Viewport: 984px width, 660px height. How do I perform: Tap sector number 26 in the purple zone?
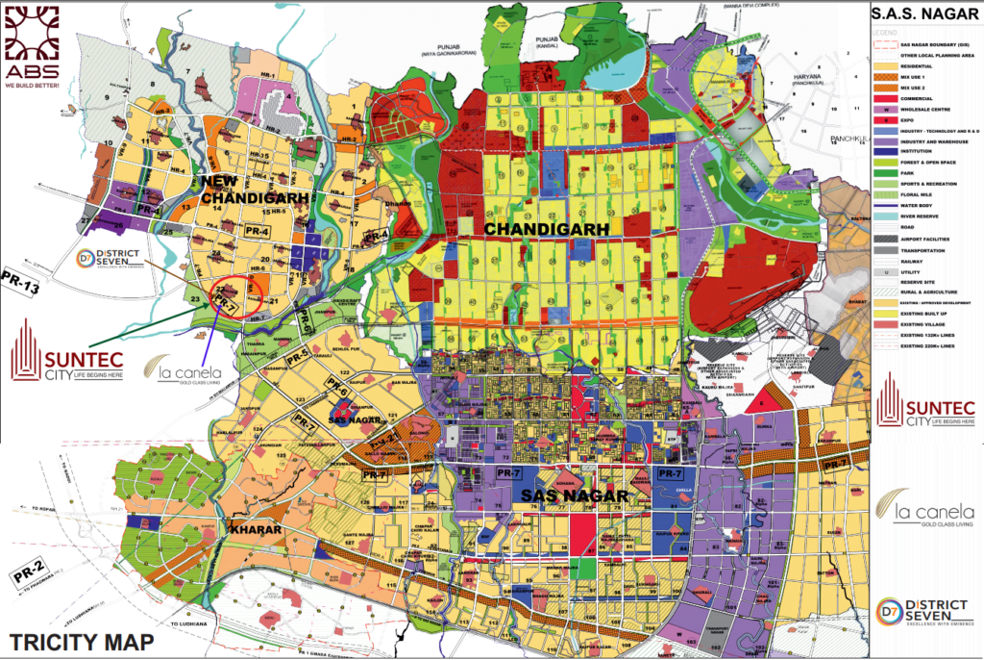click(117, 226)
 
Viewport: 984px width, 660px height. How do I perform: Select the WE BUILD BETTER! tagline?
click(31, 85)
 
